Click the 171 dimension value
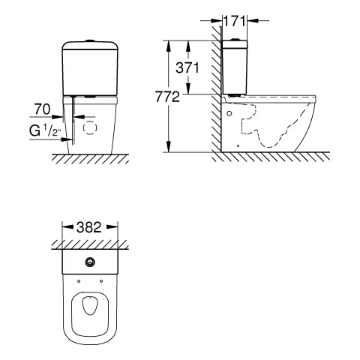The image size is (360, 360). (x=234, y=21)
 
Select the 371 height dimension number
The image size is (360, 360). (x=187, y=67)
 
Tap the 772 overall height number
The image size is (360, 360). (x=167, y=97)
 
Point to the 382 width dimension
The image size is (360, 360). (x=89, y=227)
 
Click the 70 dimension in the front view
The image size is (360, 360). (x=42, y=109)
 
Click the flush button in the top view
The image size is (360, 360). (x=90, y=262)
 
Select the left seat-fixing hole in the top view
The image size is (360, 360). (x=79, y=281)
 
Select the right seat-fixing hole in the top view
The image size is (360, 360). (x=101, y=281)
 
